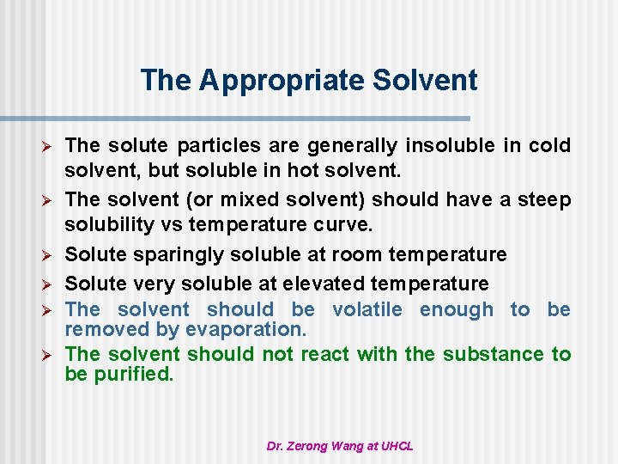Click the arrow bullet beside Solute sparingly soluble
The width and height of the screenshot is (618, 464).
click(x=50, y=256)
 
